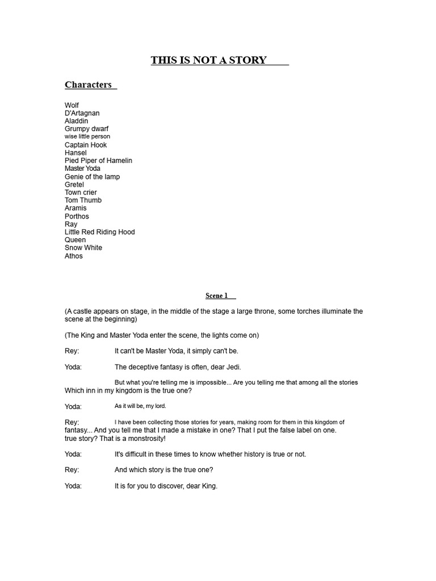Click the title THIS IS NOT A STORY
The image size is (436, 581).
(x=208, y=60)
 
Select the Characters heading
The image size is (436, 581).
(x=88, y=85)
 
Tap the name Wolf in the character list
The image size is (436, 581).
(x=72, y=105)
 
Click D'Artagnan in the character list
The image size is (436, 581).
(x=82, y=113)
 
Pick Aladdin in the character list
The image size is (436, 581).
(x=77, y=121)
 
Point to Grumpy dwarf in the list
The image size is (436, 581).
(x=86, y=129)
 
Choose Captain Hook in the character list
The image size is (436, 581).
(x=86, y=145)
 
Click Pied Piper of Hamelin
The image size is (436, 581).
(x=98, y=161)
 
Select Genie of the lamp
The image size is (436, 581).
(x=92, y=176)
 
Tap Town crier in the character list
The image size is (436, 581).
(x=81, y=192)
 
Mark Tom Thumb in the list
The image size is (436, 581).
(x=83, y=200)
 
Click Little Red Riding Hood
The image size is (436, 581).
(x=99, y=232)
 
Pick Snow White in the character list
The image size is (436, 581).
(x=83, y=248)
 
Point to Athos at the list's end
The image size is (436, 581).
(x=74, y=256)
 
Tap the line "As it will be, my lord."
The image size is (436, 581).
(x=140, y=406)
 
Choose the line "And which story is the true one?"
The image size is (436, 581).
(x=163, y=470)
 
